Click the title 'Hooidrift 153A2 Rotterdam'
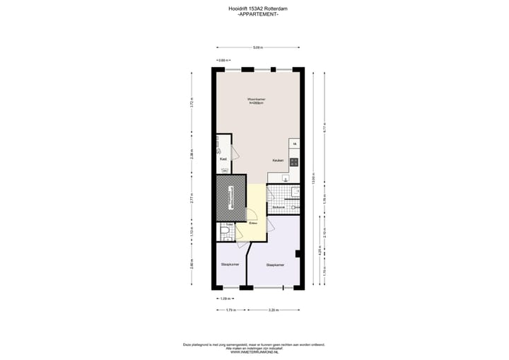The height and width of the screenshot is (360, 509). (254, 8)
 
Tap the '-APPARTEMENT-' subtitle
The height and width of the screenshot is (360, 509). (254, 14)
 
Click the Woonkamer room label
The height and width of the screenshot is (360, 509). (255, 100)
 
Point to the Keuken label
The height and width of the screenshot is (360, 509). (278, 161)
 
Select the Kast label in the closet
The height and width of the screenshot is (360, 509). (223, 159)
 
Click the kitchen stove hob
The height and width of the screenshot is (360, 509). (293, 162)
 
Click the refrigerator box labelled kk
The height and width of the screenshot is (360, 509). (294, 145)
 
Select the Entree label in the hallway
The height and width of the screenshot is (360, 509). (252, 223)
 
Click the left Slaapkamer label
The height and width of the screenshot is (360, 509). (230, 265)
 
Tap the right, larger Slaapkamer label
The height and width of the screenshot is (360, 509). (275, 265)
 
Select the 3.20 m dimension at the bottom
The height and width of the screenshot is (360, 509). (273, 310)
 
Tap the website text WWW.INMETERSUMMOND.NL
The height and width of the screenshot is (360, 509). (254, 352)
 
